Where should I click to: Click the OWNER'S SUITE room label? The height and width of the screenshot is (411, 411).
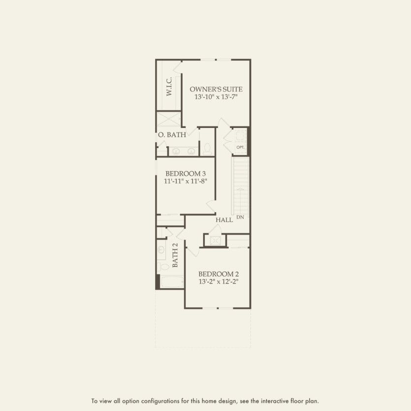tap(216, 89)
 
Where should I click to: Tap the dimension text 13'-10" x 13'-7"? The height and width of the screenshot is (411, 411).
tap(216, 97)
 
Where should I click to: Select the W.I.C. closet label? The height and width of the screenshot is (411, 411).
tap(169, 87)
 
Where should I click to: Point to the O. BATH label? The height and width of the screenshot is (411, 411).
tap(172, 135)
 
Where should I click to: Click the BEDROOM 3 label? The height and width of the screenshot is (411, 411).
tap(185, 173)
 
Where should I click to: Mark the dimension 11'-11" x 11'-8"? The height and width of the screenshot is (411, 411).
tap(185, 181)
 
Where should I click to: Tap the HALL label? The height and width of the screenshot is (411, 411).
tap(224, 220)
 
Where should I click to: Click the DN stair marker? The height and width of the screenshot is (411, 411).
tap(240, 217)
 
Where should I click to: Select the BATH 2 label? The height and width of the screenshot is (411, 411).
tap(175, 255)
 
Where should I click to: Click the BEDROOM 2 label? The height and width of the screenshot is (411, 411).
tap(219, 274)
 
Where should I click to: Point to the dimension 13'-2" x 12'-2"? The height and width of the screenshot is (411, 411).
tap(219, 282)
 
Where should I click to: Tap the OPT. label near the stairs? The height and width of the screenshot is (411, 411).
tap(240, 147)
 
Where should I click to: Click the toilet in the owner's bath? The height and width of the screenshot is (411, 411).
tap(207, 149)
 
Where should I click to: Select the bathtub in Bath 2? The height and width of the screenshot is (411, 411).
tap(170, 282)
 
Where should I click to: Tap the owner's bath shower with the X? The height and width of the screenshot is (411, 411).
tap(168, 120)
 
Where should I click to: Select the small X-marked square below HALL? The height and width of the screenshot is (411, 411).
tap(215, 240)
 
